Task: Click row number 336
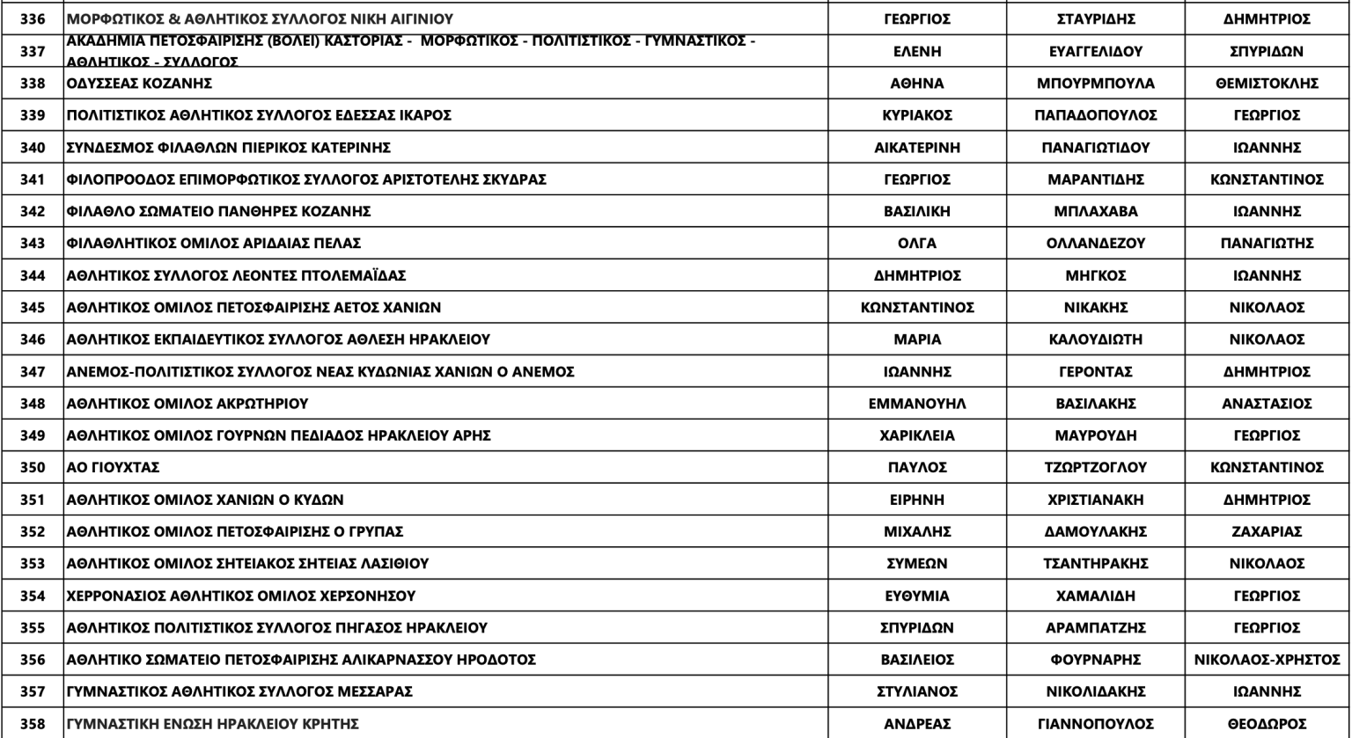tap(33, 18)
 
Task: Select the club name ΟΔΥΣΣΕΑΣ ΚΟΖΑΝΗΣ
tap(139, 84)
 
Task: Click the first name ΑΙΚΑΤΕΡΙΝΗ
tap(916, 148)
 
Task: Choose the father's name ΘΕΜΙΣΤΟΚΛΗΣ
tap(1267, 84)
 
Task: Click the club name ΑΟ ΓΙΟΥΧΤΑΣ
tap(113, 468)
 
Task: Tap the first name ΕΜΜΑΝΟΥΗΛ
tap(916, 404)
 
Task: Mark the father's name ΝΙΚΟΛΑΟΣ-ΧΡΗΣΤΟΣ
tap(1267, 660)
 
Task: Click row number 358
tap(33, 724)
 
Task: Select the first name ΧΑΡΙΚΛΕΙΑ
tap(916, 435)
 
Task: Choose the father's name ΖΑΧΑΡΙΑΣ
tap(1267, 532)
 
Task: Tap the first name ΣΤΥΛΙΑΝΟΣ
tap(916, 691)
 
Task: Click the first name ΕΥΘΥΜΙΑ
tap(916, 596)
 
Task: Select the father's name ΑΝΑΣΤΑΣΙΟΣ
tap(1267, 404)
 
